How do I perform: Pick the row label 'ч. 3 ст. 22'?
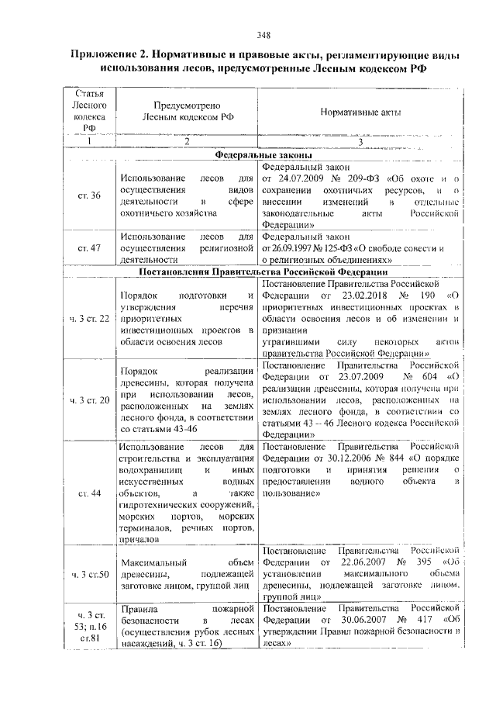tap(89, 319)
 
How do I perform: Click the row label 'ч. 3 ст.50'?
tap(89, 575)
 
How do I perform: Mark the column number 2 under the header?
tap(187, 141)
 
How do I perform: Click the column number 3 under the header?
tap(360, 141)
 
